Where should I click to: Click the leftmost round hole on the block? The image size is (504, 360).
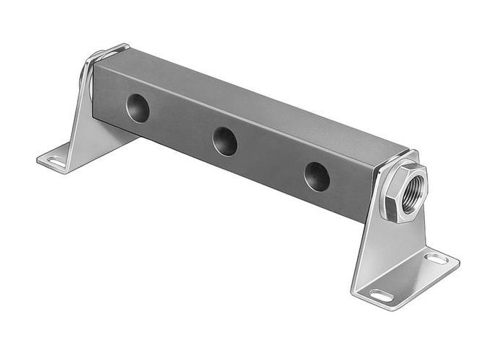pos(138,107)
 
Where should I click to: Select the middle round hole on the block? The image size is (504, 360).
pos(225,140)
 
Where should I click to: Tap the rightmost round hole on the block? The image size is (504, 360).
pos(317,176)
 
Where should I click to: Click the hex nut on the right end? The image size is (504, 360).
pos(404,190)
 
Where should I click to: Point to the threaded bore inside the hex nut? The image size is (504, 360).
pos(413,190)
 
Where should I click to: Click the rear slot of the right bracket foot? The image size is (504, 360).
pos(436,257)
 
